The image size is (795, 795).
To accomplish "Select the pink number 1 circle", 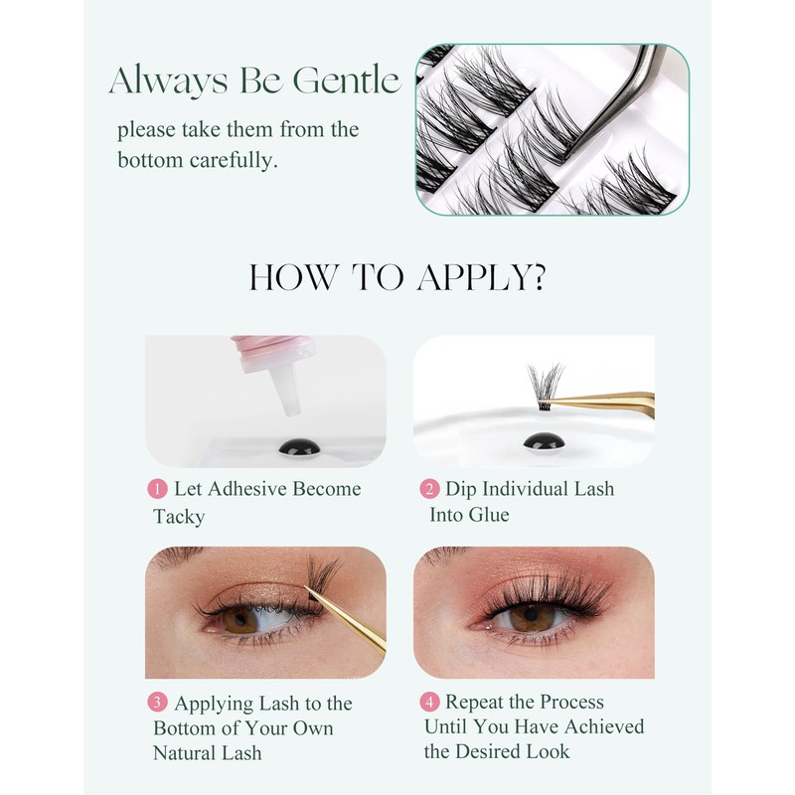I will click(157, 489).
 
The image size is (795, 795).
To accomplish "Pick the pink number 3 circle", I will click(158, 704).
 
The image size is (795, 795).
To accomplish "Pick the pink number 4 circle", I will click(429, 703).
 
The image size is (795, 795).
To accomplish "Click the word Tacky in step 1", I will click(179, 516).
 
